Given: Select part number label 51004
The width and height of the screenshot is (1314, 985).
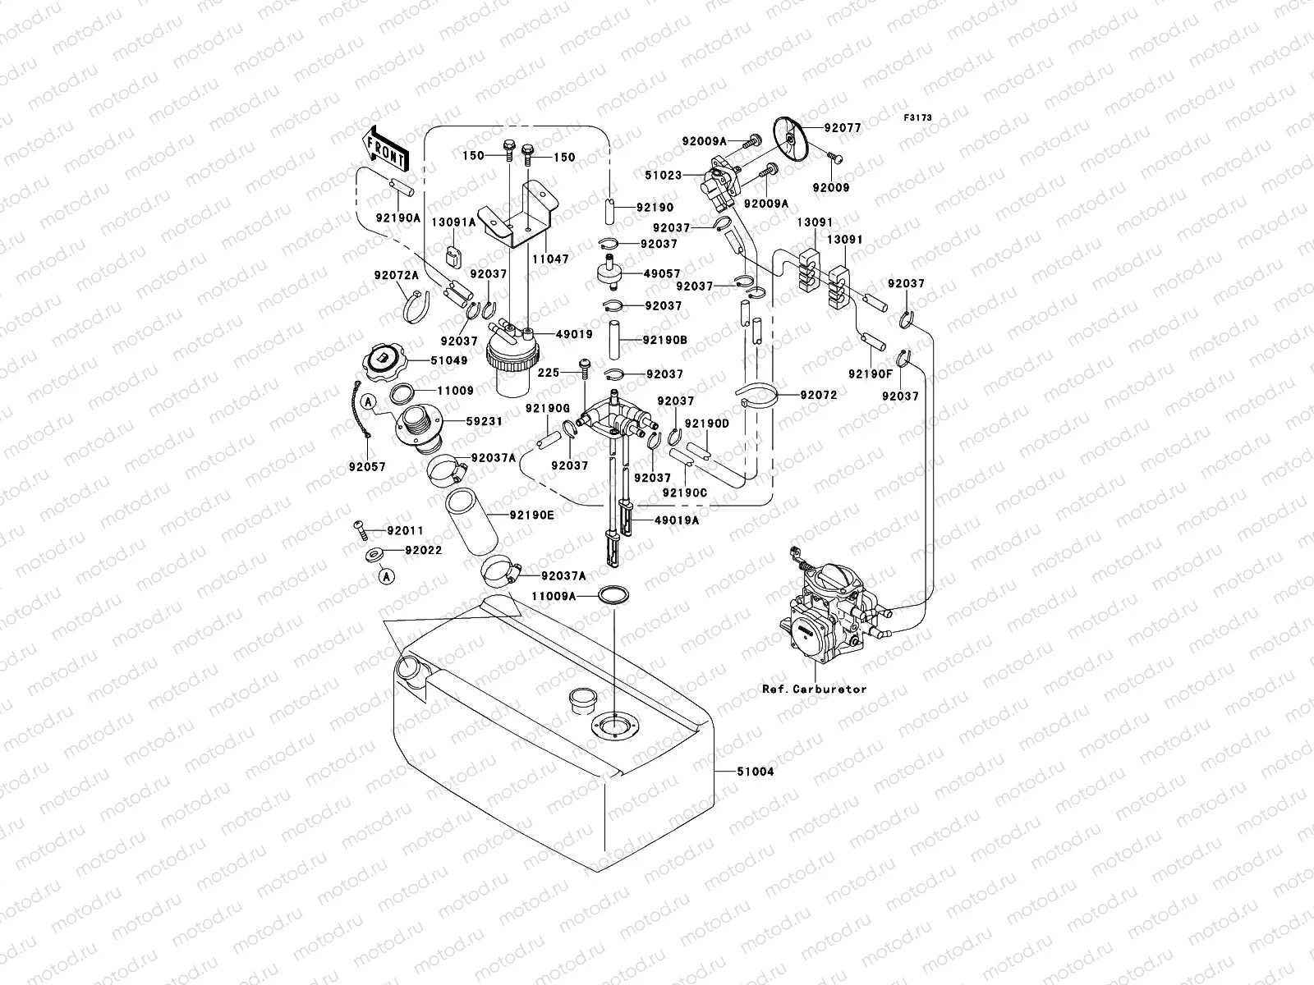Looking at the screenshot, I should click(x=755, y=772).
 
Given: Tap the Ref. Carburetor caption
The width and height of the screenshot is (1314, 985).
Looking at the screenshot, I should click(x=814, y=689).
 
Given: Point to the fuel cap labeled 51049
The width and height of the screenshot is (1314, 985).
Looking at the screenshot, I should click(x=384, y=361).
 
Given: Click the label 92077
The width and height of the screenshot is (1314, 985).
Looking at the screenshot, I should click(x=843, y=128).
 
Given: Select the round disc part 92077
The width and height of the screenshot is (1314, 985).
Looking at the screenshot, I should click(x=792, y=140).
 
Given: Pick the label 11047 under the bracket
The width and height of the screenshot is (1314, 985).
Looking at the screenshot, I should click(x=549, y=259).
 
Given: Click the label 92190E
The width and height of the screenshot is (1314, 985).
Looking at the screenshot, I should click(x=531, y=515).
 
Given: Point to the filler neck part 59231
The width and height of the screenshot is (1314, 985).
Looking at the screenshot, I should click(x=418, y=431).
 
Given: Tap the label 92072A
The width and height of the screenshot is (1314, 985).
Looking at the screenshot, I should click(x=397, y=277).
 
